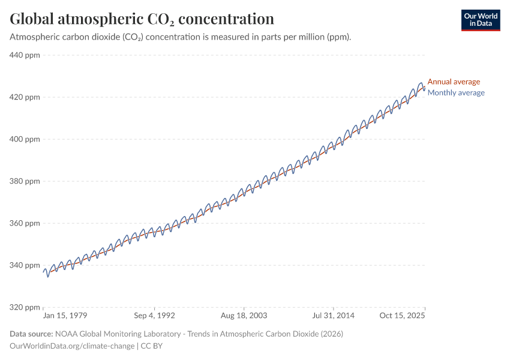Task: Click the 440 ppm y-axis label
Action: (x=25, y=55)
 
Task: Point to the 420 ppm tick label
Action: (x=25, y=97)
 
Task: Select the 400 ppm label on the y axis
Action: (x=25, y=139)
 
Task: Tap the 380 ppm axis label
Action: (x=25, y=181)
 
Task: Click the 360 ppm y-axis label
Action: (x=25, y=223)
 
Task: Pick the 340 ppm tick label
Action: (x=25, y=265)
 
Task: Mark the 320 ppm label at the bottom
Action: (x=25, y=307)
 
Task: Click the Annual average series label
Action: (x=454, y=82)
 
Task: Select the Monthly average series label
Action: (x=456, y=92)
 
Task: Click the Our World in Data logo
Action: (x=480, y=20)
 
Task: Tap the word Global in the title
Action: (x=31, y=19)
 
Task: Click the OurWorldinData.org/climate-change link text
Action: (x=73, y=346)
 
